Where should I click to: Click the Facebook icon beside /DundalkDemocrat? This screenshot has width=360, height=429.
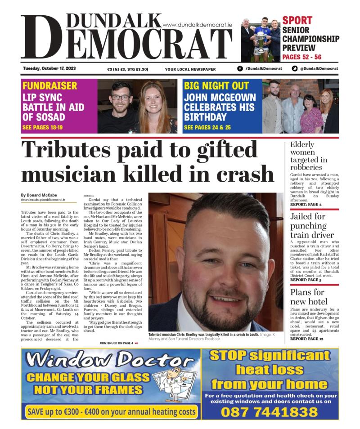[x=240, y=69]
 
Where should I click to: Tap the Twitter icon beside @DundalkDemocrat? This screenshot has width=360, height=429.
[x=295, y=69]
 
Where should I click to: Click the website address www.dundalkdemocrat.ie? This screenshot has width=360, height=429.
[x=197, y=26]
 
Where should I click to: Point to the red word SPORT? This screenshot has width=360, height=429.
[x=297, y=20]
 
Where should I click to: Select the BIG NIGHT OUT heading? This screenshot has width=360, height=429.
[x=216, y=86]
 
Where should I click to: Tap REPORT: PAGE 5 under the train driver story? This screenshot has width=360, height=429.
[x=306, y=280]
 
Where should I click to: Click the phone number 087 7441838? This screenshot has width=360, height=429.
[x=269, y=411]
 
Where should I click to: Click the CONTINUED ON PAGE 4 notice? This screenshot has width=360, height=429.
[x=119, y=343]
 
